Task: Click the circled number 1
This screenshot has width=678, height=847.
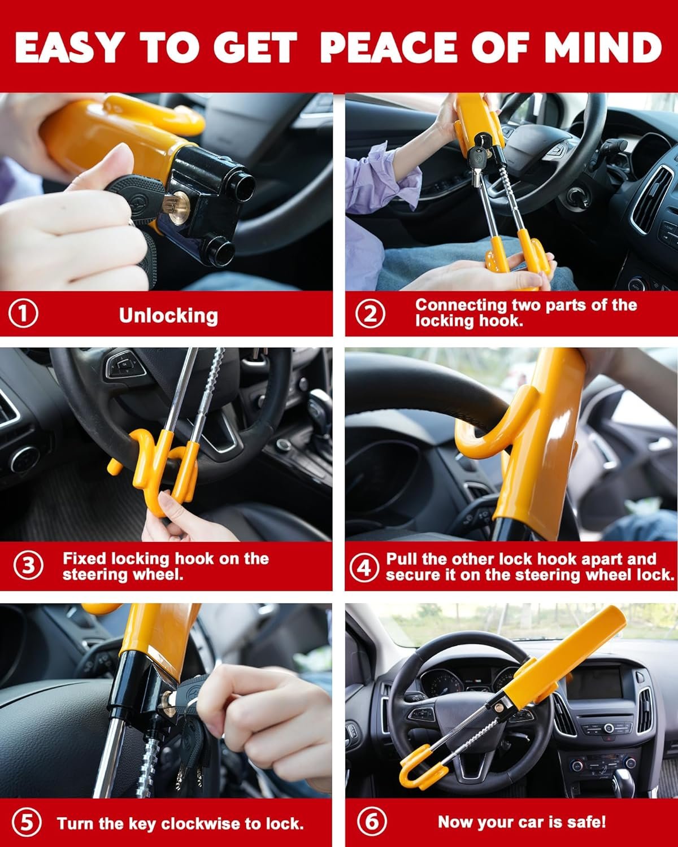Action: pyautogui.click(x=23, y=314)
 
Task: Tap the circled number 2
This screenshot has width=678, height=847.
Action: pyautogui.click(x=370, y=314)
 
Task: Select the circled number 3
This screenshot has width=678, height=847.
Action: pyautogui.click(x=28, y=566)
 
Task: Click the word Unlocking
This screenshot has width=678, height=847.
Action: pyautogui.click(x=168, y=316)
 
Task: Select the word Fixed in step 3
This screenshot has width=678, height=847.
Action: pyautogui.click(x=84, y=558)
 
